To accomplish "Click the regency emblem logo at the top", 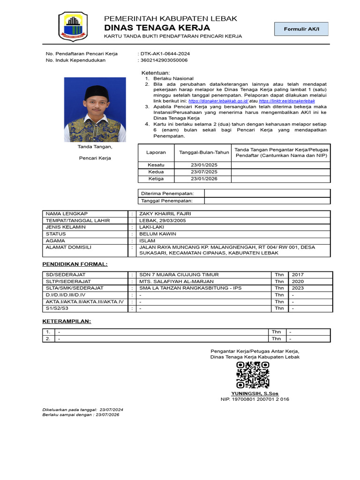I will pyautogui.click(x=72, y=26).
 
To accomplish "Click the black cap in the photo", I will pyautogui.click(x=97, y=92).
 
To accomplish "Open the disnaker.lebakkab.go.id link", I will pyautogui.click(x=218, y=101).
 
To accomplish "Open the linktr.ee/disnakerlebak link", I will pyautogui.click(x=286, y=101).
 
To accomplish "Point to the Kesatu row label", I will pyautogui.click(x=156, y=165).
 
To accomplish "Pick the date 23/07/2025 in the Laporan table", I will pyautogui.click(x=204, y=172).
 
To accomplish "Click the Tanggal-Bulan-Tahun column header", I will pyautogui.click(x=204, y=152).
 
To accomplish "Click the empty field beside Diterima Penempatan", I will pyautogui.click(x=267, y=193).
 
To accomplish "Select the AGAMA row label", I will pyautogui.click(x=55, y=240).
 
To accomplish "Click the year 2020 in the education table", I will pyautogui.click(x=298, y=281).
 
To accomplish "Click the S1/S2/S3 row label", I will pyautogui.click(x=57, y=308).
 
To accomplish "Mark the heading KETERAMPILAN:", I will pyautogui.click(x=67, y=322).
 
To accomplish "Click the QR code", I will pyautogui.click(x=253, y=375).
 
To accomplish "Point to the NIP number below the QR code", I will pyautogui.click(x=255, y=399).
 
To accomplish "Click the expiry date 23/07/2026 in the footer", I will pyautogui.click(x=107, y=415).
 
